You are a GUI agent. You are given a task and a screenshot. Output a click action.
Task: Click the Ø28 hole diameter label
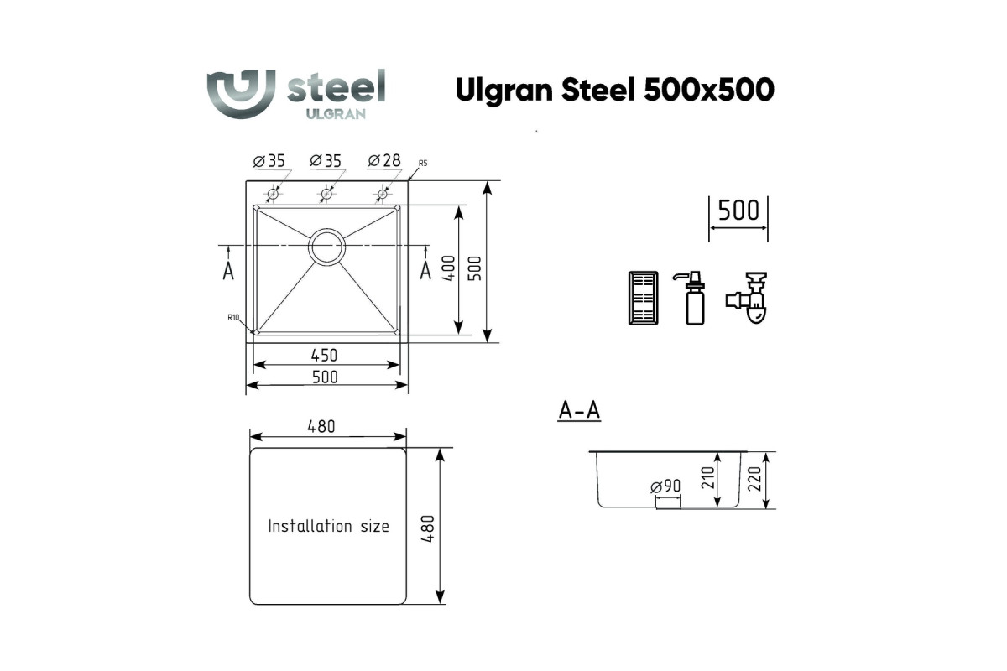pyautogui.click(x=384, y=160)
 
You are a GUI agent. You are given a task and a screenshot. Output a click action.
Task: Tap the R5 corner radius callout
pyautogui.click(x=423, y=164)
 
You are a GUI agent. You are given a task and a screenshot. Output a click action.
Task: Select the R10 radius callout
pyautogui.click(x=233, y=318)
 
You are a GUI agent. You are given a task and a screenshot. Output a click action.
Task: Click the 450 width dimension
pyautogui.click(x=324, y=356)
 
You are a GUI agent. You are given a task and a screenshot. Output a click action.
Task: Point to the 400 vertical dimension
pyautogui.click(x=448, y=268)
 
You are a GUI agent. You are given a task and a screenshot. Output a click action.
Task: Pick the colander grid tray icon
pyautogui.click(x=644, y=298)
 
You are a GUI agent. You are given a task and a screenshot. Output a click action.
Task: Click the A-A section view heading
pyautogui.click(x=579, y=410)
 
